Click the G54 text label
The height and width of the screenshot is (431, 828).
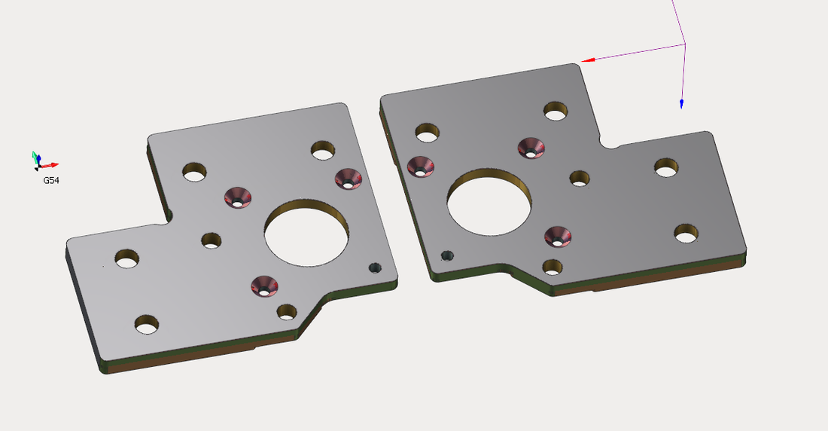point(51,181)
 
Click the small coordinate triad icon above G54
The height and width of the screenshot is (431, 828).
point(41,160)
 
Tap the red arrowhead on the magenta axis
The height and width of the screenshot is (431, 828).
point(588,60)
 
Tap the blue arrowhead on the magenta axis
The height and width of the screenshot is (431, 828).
point(681,104)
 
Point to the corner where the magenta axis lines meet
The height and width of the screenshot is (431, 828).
point(685,44)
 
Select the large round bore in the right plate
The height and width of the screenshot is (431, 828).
point(490,200)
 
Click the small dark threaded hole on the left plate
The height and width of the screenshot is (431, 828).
point(375,267)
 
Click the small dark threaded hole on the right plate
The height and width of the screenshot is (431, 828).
point(447,255)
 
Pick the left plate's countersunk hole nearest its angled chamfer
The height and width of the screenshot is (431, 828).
point(264,286)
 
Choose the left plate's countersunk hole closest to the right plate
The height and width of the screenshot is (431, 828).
point(348,179)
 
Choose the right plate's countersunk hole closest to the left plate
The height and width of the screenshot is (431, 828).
point(420,167)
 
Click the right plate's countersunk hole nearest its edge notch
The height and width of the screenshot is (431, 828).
point(531,148)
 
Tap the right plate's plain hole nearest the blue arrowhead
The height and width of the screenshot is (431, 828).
point(666,168)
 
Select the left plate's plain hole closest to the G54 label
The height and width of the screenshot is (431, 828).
point(126,259)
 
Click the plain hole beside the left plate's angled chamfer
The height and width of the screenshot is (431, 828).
point(287,311)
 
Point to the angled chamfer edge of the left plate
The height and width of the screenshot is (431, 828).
point(311,319)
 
